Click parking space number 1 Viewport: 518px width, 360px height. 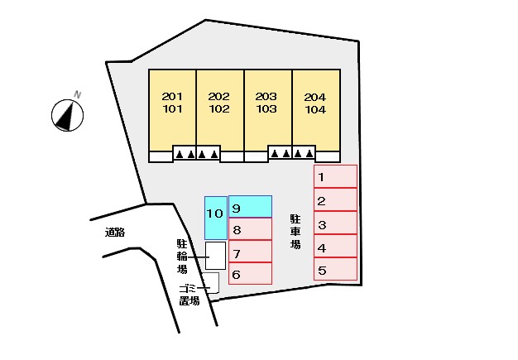[x=335, y=176]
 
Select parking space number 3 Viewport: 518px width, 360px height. [x=335, y=223]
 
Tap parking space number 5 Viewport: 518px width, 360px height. [x=335, y=269]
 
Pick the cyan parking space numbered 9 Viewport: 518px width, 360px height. [x=250, y=206]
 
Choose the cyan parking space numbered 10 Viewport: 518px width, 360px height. [x=216, y=218]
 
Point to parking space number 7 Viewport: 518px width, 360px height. [x=250, y=251]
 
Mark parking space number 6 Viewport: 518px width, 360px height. [x=250, y=273]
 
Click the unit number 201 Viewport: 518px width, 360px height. [x=172, y=97]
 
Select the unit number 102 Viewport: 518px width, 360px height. [x=219, y=108]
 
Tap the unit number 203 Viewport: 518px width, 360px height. [x=266, y=97]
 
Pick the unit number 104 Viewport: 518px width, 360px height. [x=315, y=109]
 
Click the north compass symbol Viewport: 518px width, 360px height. [x=67, y=115]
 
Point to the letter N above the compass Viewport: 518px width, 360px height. [x=77, y=95]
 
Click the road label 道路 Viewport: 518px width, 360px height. [x=115, y=233]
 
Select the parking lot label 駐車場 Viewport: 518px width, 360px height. [x=295, y=231]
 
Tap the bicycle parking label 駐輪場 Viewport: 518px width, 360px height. [x=182, y=257]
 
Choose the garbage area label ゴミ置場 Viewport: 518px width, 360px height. [x=189, y=295]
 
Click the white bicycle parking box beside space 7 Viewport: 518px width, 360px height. [x=215, y=256]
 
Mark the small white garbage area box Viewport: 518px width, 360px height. [x=212, y=283]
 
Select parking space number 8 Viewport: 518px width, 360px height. [x=250, y=228]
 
